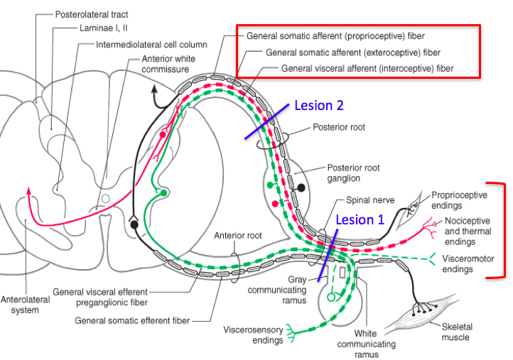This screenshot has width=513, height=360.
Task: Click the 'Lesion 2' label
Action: coord(319,106)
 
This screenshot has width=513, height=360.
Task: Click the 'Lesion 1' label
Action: coord(360,219)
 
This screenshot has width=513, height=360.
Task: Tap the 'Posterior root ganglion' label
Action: coord(353,173)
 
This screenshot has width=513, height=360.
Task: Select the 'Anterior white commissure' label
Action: coord(168,64)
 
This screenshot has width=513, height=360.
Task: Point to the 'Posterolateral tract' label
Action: coord(92,15)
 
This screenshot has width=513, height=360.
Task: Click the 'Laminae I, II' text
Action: coord(104,28)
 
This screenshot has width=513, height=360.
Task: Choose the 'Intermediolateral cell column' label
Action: coord(151,45)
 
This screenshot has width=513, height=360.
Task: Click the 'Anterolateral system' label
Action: coord(25,305)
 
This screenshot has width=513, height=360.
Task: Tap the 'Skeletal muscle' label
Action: coord(457,332)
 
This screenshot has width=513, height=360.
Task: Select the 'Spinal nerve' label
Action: coord(370,200)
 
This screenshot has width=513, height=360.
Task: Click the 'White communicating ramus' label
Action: coord(367,344)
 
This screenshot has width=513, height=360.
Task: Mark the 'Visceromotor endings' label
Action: coord(468,264)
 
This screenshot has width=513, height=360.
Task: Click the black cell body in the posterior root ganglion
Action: coord(301,187)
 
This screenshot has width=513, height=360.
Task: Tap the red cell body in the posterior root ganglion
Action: coord(276,204)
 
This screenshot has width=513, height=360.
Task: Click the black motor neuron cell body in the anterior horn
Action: coord(134,224)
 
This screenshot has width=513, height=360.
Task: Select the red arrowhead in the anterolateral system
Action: coord(29,191)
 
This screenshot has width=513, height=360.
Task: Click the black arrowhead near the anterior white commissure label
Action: coord(154,89)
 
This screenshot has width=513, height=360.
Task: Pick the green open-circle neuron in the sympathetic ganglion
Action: coord(331,298)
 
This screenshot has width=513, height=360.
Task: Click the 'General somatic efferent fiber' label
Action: coord(132,321)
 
